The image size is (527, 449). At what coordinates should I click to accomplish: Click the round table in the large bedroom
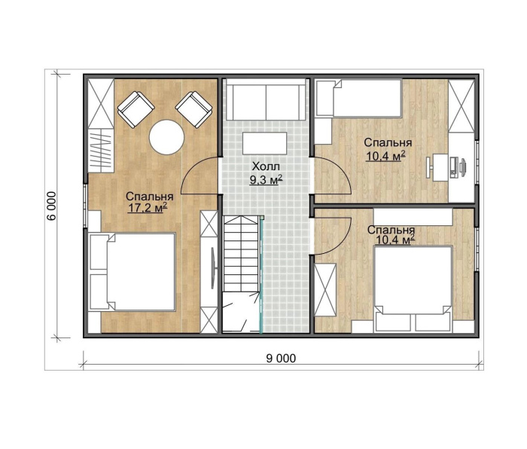coord(166,137)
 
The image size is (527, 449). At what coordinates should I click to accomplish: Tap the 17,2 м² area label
coord(148,208)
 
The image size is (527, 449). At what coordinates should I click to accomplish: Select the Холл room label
coord(266,166)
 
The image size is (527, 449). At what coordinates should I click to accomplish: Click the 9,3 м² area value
coord(266,180)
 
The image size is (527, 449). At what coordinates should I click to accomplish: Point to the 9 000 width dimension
coord(281,359)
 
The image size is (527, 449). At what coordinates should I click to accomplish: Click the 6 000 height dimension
coord(51,206)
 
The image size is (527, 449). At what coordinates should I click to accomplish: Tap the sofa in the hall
coord(266,99)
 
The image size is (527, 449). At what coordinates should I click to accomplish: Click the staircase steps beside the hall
coord(241,255)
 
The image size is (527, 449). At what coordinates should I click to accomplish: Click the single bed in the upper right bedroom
coord(359,98)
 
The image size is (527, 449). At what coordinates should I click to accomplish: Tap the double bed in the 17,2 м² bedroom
coord(133,272)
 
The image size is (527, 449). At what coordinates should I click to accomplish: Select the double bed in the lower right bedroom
coord(413,289)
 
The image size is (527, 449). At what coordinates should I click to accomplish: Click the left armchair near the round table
coord(136,110)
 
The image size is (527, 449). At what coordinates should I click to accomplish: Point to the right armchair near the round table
coord(194,110)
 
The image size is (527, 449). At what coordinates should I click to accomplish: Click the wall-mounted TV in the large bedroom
coord(213,268)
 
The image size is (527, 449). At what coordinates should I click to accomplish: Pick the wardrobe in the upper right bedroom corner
coord(462,106)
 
